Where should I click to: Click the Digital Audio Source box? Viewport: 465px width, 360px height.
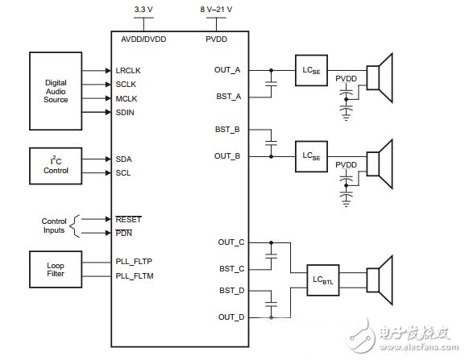56,90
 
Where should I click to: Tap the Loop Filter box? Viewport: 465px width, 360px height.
56,267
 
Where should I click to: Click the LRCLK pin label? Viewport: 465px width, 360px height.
129,70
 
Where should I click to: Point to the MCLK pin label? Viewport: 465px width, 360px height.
128,98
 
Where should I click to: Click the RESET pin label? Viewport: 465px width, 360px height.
128,217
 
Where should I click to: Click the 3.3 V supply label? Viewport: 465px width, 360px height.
143,10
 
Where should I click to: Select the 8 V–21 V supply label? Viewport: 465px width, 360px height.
217,10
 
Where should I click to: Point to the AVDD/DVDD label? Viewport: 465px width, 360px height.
143,38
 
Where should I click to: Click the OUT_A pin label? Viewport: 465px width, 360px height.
227,69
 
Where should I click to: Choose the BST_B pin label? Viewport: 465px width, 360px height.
228,129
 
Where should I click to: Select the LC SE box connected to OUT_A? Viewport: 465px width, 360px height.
309,69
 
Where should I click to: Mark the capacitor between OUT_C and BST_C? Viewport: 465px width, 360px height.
271,255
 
